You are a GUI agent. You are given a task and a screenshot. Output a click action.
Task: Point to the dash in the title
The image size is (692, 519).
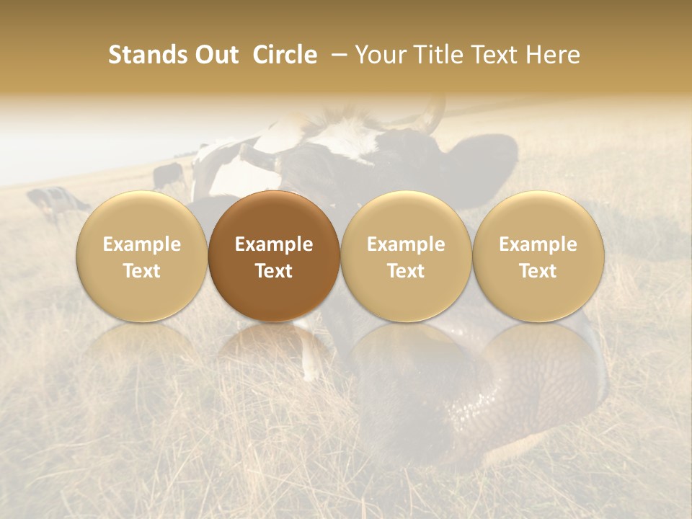click(x=336, y=56)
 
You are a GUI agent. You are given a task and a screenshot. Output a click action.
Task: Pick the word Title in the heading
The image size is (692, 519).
click(x=437, y=55)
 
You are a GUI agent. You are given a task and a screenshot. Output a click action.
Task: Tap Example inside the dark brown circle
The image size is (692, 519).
click(x=274, y=244)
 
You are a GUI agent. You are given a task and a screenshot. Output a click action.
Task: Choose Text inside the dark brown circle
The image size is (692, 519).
click(x=274, y=271)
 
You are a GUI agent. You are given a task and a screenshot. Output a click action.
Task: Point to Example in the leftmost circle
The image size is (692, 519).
click(x=142, y=244)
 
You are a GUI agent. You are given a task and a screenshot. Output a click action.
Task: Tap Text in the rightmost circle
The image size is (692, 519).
click(x=538, y=271)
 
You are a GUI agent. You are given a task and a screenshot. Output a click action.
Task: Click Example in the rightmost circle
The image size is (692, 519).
click(x=538, y=244)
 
